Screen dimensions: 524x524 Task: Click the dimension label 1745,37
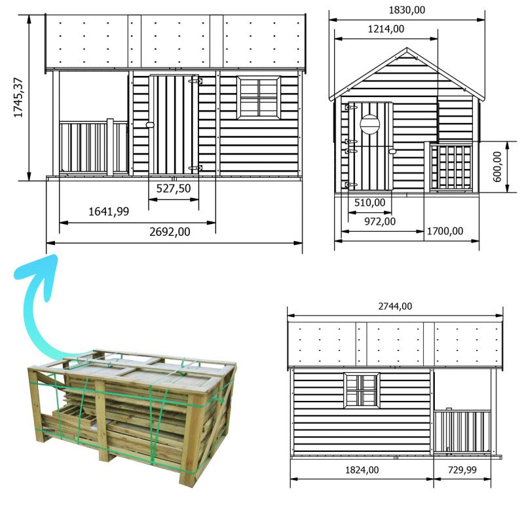(x=18, y=98)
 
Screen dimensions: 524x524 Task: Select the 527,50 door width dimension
(x=174, y=189)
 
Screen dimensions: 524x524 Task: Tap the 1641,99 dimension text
(x=109, y=211)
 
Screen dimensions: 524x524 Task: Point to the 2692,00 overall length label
(x=170, y=232)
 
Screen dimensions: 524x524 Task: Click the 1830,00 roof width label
(x=406, y=10)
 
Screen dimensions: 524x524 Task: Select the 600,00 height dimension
(x=497, y=166)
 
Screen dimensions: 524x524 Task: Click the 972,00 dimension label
(x=380, y=221)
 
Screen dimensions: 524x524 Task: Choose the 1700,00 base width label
(x=445, y=231)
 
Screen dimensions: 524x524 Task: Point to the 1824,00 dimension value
(x=361, y=470)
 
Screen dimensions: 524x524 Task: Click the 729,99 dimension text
(x=462, y=470)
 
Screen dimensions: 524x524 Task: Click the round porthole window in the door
(x=369, y=124)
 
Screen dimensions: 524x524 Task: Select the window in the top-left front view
(x=258, y=98)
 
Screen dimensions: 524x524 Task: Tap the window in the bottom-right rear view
(x=362, y=390)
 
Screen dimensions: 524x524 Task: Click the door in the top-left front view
(x=174, y=124)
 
